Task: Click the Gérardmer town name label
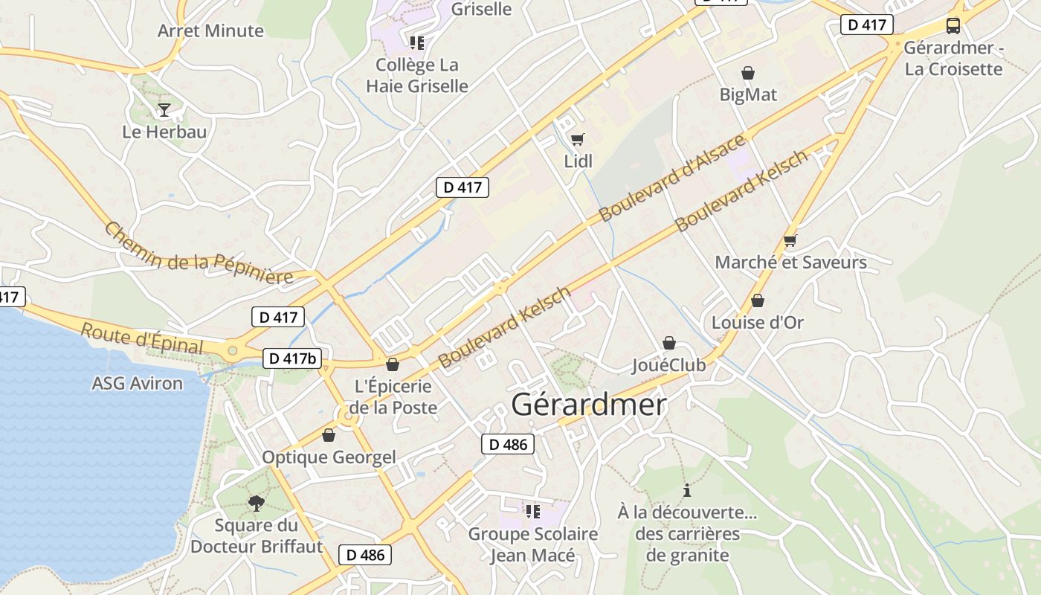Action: tap(589, 405)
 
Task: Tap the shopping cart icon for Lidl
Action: tap(577, 139)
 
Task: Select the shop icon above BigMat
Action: tap(748, 73)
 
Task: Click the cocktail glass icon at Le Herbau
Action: tap(164, 110)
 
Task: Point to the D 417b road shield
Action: tap(292, 358)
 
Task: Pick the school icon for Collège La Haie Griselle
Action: tap(416, 43)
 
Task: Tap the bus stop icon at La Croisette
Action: tap(953, 26)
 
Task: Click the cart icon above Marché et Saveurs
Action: tap(790, 240)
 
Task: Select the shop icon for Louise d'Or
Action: tap(757, 300)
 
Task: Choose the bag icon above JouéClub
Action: tap(669, 343)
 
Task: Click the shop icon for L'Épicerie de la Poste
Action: tap(392, 364)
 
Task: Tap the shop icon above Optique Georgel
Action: tap(328, 435)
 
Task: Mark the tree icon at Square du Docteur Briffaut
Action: tap(257, 504)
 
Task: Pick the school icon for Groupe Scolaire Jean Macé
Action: tap(532, 511)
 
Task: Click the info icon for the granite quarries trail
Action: tap(687, 490)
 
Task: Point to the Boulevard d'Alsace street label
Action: tap(671, 178)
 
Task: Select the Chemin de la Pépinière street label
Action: tap(198, 254)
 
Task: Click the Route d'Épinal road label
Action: tap(141, 338)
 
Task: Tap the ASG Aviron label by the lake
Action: tap(137, 384)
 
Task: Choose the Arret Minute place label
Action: tap(210, 30)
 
